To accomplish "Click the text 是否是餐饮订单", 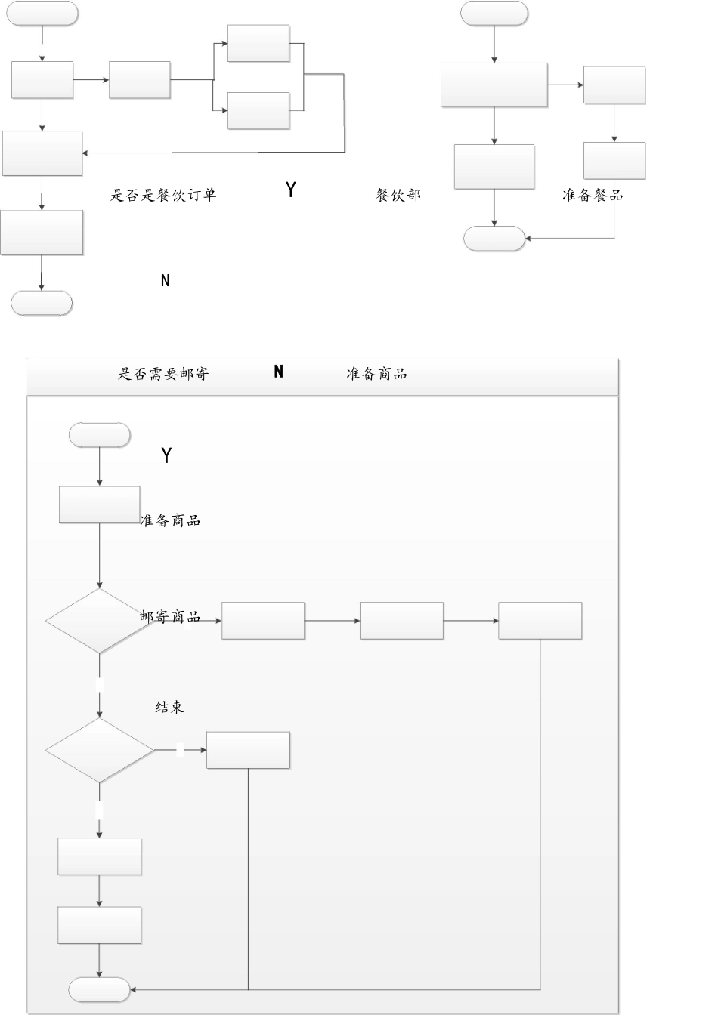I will [163, 195].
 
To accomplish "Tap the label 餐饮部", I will [398, 195].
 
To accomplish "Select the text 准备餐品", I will [593, 195].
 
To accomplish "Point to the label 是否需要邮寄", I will [163, 373].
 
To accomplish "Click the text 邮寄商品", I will [170, 617].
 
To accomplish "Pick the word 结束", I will [169, 707].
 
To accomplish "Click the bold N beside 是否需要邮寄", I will [278, 372].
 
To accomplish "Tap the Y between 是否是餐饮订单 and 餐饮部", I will [291, 190].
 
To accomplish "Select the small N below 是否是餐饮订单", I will [166, 281].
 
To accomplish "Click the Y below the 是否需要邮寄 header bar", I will [167, 455].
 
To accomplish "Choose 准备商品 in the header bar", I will [376, 373].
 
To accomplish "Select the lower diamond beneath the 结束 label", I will [99, 750].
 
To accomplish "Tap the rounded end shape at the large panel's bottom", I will [99, 989].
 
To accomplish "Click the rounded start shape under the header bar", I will [99, 434].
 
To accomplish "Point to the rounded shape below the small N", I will [42, 303].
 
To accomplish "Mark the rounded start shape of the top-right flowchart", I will [494, 13].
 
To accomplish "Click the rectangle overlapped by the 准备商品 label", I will [99, 504].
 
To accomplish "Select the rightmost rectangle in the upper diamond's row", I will [540, 621].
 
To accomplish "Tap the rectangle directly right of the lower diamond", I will [248, 750].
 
